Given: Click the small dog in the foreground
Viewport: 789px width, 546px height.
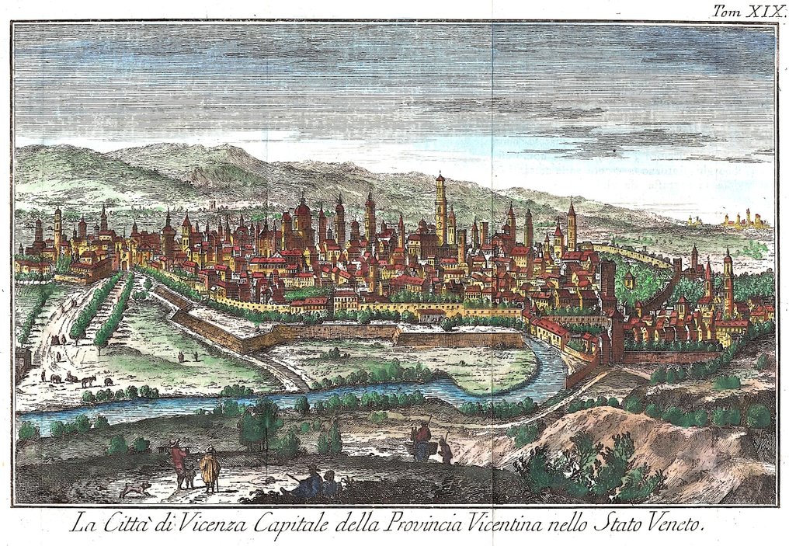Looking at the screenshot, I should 137,489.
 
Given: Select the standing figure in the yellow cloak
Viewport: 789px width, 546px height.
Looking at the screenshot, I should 209,469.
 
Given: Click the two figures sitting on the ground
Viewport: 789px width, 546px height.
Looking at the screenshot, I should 318,483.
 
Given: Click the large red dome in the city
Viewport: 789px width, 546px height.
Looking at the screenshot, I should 303,210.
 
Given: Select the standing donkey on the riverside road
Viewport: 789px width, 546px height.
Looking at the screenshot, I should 88,381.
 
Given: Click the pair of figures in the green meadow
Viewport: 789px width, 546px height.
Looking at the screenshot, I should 188,356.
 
